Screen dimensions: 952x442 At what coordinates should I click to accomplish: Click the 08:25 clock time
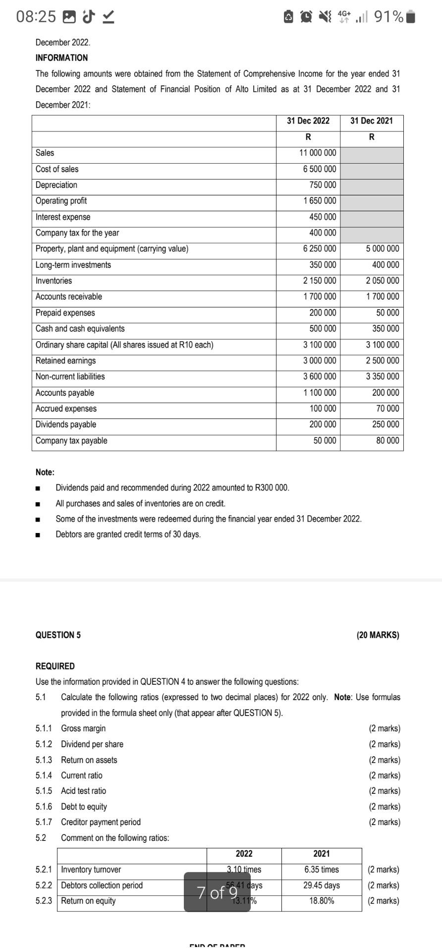tap(36, 17)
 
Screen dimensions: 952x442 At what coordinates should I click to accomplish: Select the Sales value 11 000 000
tap(318, 153)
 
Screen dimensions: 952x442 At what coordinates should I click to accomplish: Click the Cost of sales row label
tap(57, 169)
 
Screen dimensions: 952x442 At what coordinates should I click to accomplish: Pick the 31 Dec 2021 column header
tap(372, 121)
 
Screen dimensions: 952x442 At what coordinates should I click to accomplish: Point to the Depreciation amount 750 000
tap(323, 185)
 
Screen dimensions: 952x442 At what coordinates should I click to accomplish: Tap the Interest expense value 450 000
tap(323, 217)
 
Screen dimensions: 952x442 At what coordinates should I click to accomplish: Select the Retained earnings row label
tap(65, 360)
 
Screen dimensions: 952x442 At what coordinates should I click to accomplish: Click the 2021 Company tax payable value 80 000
tap(387, 441)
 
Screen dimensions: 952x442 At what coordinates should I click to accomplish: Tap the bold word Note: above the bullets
tap(45, 472)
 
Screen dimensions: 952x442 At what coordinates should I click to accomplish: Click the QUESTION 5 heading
tap(58, 635)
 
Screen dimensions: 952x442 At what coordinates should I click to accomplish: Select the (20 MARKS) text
tap(378, 635)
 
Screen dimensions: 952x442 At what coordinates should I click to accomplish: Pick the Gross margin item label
tap(83, 728)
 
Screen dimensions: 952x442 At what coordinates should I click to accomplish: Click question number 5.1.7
tap(44, 822)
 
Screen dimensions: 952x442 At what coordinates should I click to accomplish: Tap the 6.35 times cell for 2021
tap(322, 869)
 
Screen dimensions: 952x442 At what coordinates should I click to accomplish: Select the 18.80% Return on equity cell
tap(322, 900)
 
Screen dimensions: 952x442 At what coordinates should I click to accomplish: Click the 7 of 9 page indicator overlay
tap(217, 892)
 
